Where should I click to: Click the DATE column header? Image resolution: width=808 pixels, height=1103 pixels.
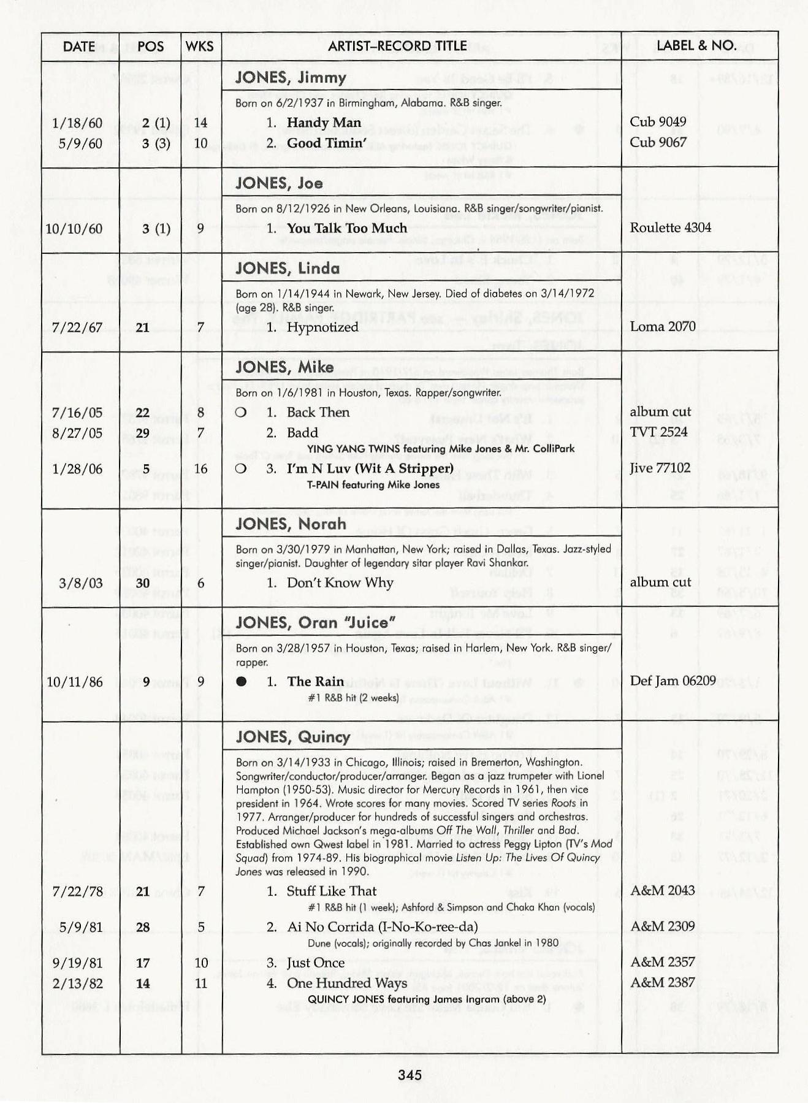click(x=79, y=47)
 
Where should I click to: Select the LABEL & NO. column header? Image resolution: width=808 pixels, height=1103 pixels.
click(x=696, y=45)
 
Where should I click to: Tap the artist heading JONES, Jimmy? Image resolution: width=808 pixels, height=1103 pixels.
click(x=291, y=78)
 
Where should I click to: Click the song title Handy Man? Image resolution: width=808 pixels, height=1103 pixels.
click(x=324, y=123)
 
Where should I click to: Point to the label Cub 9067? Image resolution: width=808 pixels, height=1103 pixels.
click(x=658, y=142)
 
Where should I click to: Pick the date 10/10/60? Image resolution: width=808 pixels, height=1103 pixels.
click(x=74, y=229)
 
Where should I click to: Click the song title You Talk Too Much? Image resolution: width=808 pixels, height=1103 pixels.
click(x=346, y=228)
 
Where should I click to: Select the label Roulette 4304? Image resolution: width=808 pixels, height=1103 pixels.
click(x=670, y=228)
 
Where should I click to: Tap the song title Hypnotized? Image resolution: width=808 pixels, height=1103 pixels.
click(x=322, y=327)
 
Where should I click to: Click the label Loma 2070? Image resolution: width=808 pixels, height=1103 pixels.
click(x=663, y=327)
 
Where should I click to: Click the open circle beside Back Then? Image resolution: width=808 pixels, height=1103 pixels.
click(x=241, y=413)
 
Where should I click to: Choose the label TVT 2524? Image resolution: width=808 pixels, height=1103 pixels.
click(x=658, y=432)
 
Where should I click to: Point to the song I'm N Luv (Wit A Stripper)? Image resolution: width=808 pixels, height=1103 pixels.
click(x=370, y=469)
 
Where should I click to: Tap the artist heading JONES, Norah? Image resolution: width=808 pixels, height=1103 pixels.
click(x=291, y=524)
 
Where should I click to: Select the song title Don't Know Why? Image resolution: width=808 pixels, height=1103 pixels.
click(x=340, y=582)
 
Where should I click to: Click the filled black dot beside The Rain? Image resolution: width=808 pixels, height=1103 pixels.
click(x=242, y=682)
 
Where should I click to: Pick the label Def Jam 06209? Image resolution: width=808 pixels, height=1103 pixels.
click(x=673, y=681)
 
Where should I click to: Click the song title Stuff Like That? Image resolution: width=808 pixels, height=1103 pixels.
click(x=332, y=891)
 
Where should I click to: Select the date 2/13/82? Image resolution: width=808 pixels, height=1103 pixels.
click(x=77, y=983)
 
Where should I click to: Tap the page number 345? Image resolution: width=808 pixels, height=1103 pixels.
click(x=410, y=1075)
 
